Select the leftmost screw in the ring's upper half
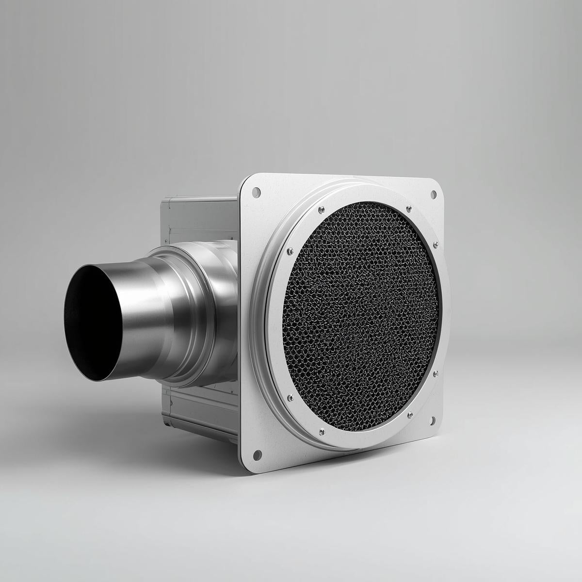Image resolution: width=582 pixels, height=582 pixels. (x=290, y=251)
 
